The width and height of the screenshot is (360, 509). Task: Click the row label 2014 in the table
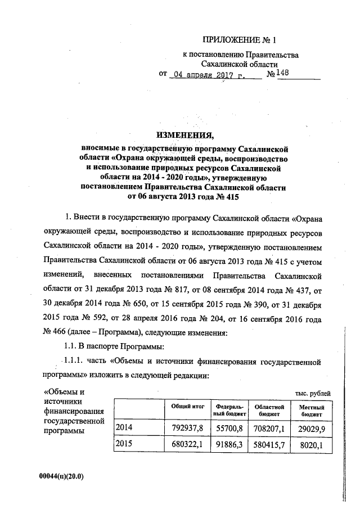click(123, 428)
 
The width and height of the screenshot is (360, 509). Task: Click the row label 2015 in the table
click(123, 445)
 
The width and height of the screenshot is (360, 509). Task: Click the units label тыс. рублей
click(312, 393)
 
